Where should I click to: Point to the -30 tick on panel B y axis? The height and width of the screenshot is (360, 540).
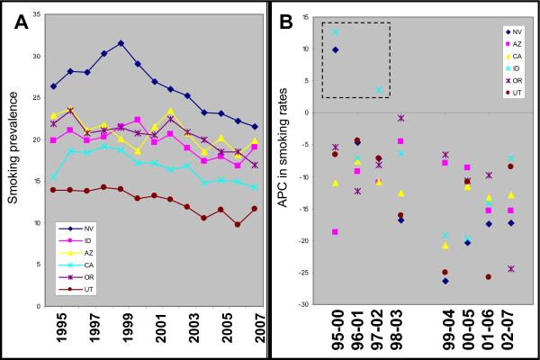pyautogui.click(x=306, y=305)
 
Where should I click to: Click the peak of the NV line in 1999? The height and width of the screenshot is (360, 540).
pyautogui.click(x=121, y=42)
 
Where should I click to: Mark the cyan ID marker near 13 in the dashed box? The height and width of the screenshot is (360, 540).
pyautogui.click(x=336, y=31)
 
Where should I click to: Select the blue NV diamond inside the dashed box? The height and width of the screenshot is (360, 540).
pyautogui.click(x=336, y=50)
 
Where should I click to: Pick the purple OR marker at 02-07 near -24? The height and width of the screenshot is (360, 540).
pyautogui.click(x=512, y=268)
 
